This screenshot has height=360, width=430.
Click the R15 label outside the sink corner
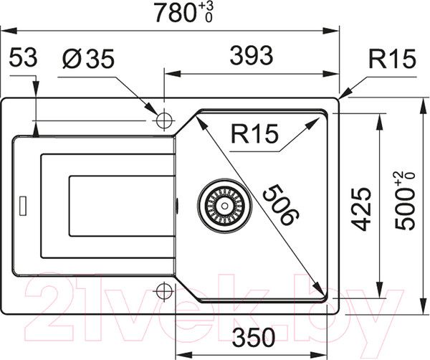391,60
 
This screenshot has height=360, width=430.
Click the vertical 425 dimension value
363,209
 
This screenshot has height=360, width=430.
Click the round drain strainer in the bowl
224,204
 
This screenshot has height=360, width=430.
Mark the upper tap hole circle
164,120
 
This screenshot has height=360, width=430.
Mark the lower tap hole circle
164,292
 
